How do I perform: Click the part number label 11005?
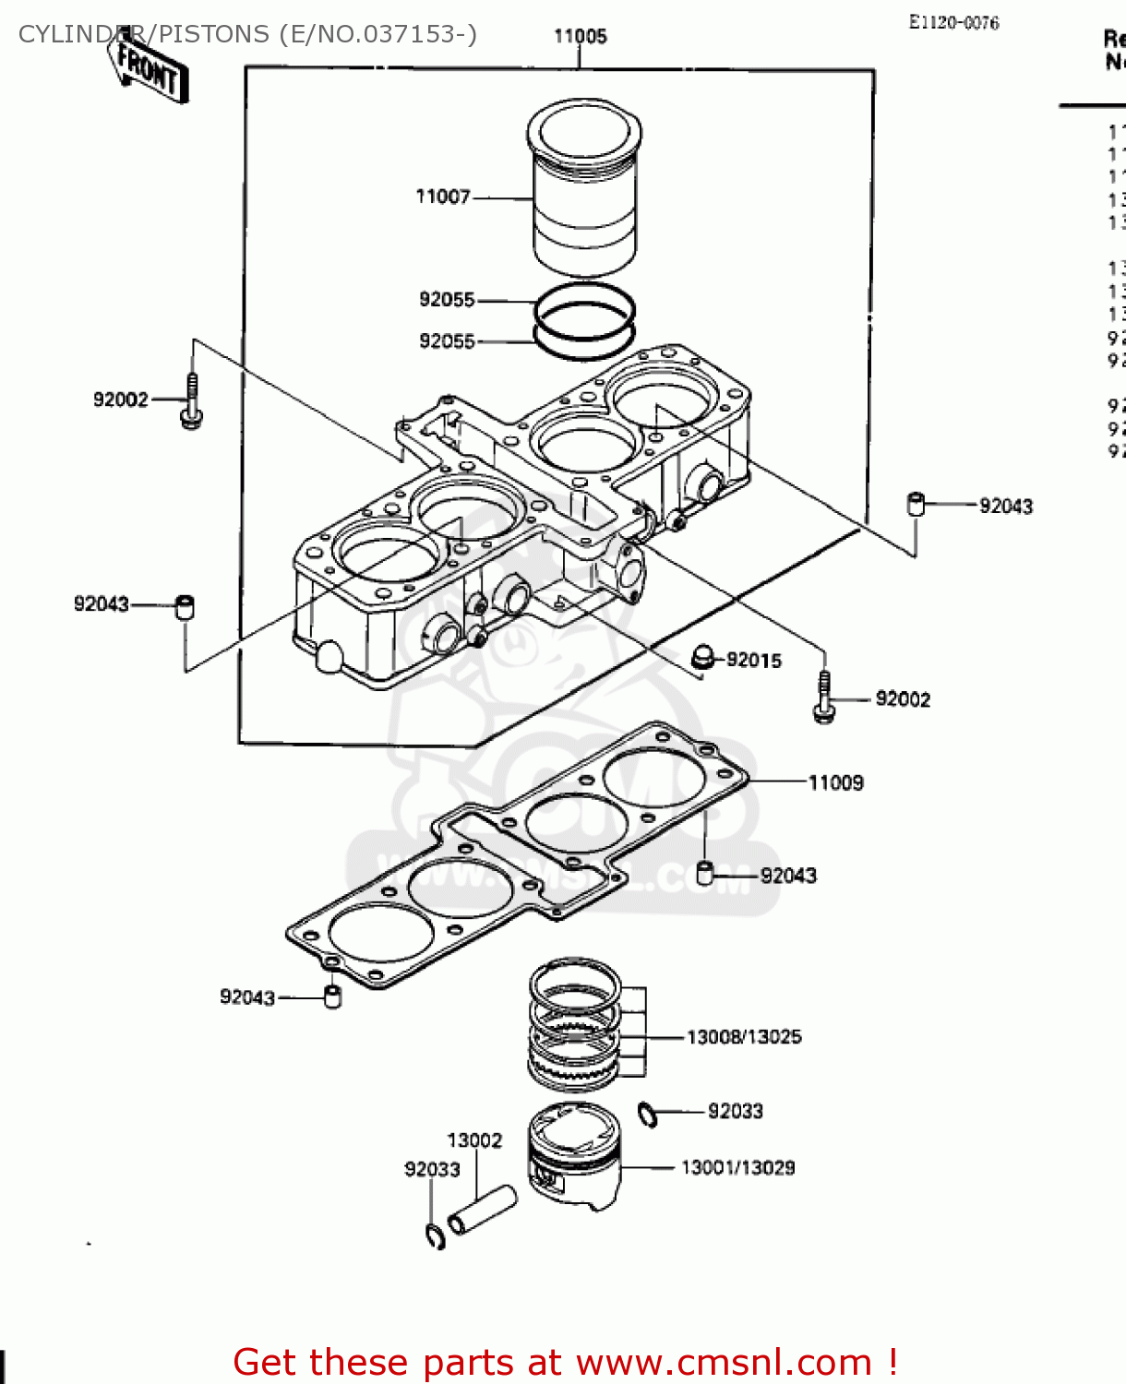click(580, 36)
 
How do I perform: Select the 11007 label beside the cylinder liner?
click(443, 197)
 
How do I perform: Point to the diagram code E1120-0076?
click(953, 23)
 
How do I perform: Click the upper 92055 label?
click(447, 300)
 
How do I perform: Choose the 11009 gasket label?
click(835, 783)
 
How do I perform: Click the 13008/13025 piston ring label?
click(744, 1037)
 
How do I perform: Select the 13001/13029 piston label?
click(737, 1168)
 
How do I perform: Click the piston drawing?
click(574, 1156)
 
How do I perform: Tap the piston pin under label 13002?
click(482, 1211)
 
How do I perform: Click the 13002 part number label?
click(474, 1140)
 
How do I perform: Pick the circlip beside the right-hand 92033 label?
click(648, 1115)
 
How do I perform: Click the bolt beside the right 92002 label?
click(823, 698)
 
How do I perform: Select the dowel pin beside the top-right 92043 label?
click(916, 504)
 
